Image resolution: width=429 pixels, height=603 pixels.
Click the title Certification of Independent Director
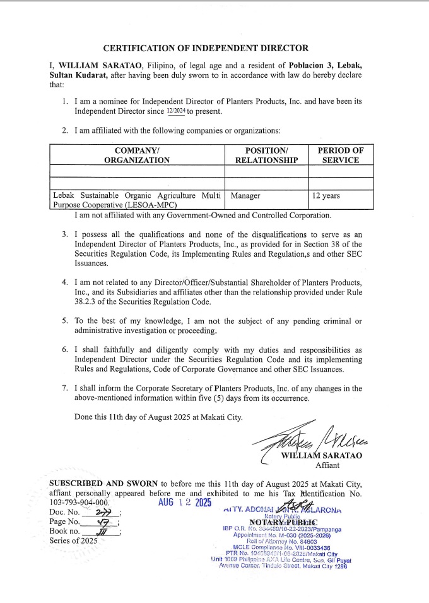206,48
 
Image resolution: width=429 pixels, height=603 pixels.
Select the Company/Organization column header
137,155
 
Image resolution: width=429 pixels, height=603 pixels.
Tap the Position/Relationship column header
266,155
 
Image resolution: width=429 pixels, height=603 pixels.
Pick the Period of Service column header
341,155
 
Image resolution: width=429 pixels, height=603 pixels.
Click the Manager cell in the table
245,196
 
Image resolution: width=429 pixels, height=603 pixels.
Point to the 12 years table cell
326,196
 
